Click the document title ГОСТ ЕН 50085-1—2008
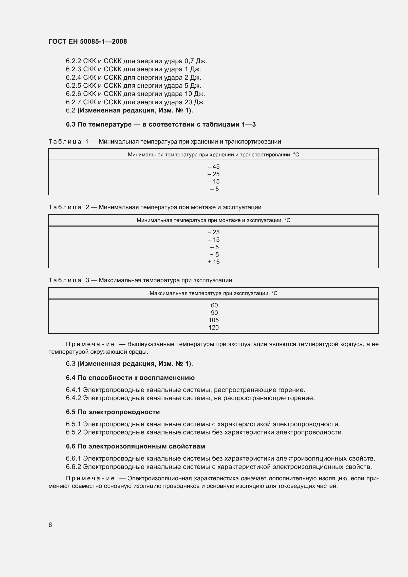pyautogui.click(x=88, y=41)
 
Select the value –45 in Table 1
pyautogui.click(x=214, y=167)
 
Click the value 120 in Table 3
pyautogui.click(x=214, y=327)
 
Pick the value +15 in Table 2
pyautogui.click(x=214, y=262)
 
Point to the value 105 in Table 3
pyautogui.click(x=214, y=320)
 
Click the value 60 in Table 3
pyautogui.click(x=214, y=305)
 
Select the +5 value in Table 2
pyautogui.click(x=214, y=255)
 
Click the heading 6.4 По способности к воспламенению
pyautogui.click(x=130, y=378)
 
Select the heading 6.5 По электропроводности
pyautogui.click(x=113, y=412)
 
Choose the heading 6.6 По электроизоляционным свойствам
pyautogui.click(x=135, y=446)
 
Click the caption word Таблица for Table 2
pyautogui.click(x=65, y=207)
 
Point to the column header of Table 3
pyautogui.click(x=214, y=293)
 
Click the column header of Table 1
pyautogui.click(x=214, y=155)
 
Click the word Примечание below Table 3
pyautogui.click(x=90, y=344)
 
